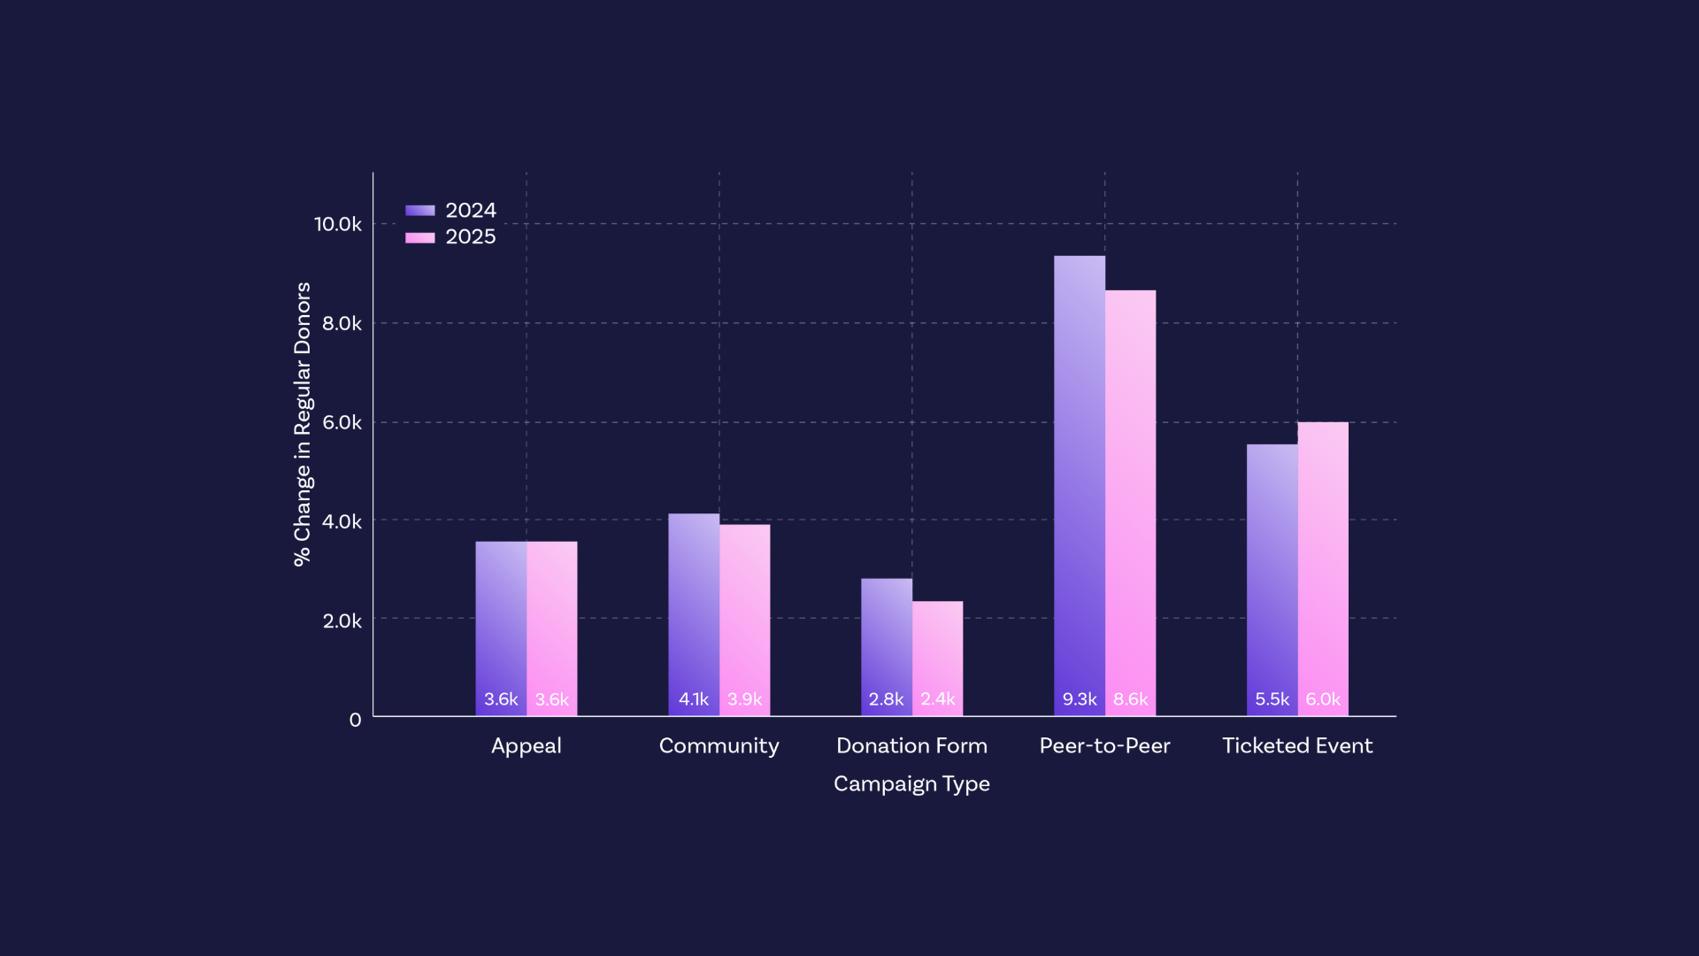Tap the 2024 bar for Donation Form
click(x=887, y=646)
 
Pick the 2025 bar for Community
click(x=744, y=620)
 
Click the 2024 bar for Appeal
click(x=501, y=628)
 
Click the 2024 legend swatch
click(x=420, y=211)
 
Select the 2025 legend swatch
click(x=420, y=237)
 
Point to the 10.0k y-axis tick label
click(x=338, y=224)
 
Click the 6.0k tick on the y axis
click(x=342, y=422)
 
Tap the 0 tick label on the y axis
click(x=355, y=720)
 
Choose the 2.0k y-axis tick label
click(x=342, y=621)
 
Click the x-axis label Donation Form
click(x=911, y=745)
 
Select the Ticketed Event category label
click(x=1297, y=745)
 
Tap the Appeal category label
click(x=527, y=745)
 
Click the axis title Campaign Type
click(x=911, y=783)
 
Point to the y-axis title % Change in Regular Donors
click(x=303, y=424)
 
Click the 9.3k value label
click(x=1080, y=699)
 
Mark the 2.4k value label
click(x=937, y=699)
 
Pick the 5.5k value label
click(x=1272, y=699)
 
